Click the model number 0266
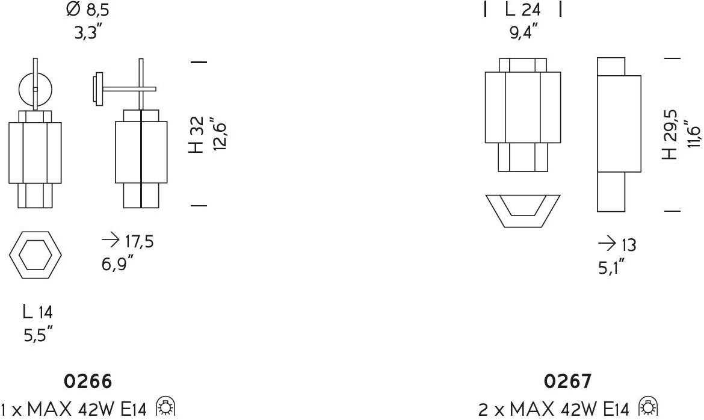(88, 381)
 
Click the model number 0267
(567, 381)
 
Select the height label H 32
(197, 135)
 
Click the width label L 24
(523, 10)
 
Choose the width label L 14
(37, 312)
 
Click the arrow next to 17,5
(110, 241)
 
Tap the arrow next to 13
(607, 244)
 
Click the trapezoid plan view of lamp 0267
(522, 209)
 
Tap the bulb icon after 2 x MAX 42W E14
(647, 409)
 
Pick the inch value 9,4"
(523, 32)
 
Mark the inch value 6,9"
(117, 264)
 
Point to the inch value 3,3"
(87, 32)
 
